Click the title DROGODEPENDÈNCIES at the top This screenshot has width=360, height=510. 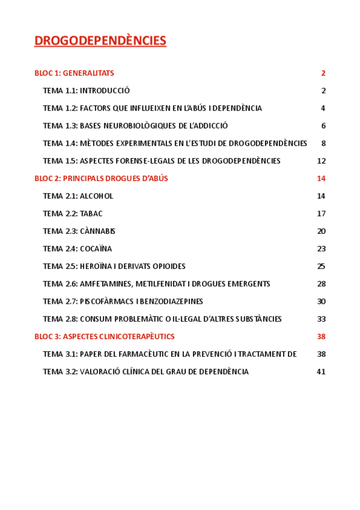pyautogui.click(x=100, y=41)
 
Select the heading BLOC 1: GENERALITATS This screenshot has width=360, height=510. pyautogui.click(x=74, y=73)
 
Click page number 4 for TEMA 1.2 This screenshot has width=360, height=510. pyautogui.click(x=323, y=108)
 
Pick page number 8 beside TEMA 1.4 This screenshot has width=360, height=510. pyautogui.click(x=323, y=143)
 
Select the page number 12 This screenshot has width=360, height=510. pyautogui.click(x=321, y=161)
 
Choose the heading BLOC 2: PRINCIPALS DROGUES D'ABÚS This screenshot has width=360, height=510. pyautogui.click(x=101, y=178)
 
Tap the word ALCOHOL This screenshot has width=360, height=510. pyautogui.click(x=96, y=196)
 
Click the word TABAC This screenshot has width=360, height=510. pyautogui.click(x=91, y=214)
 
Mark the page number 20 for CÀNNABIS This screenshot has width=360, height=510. pyautogui.click(x=321, y=231)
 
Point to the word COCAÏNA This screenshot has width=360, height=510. pyautogui.click(x=96, y=248)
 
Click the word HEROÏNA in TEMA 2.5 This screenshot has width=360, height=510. pyautogui.click(x=97, y=266)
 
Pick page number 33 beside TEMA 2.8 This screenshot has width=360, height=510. pyautogui.click(x=321, y=319)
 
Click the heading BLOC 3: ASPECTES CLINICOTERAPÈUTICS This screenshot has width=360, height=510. pyautogui.click(x=105, y=336)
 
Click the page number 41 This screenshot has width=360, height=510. pyautogui.click(x=321, y=372)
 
